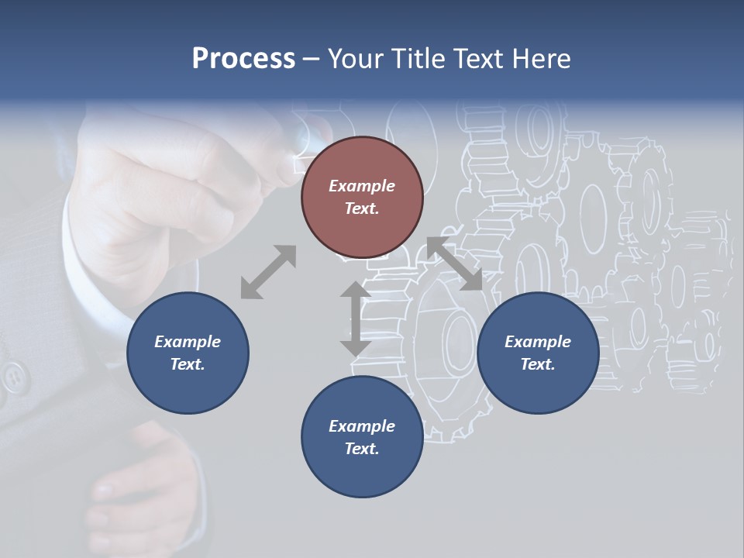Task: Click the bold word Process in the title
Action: point(243,59)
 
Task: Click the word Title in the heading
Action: point(418,59)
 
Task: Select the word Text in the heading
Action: point(480,59)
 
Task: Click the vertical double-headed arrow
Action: point(355,319)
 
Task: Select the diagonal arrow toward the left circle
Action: point(268,272)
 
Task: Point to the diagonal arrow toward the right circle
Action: point(454,264)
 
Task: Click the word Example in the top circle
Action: point(362,186)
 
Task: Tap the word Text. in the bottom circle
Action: point(362,449)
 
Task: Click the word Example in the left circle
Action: point(188,342)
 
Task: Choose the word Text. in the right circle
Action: point(538,364)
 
